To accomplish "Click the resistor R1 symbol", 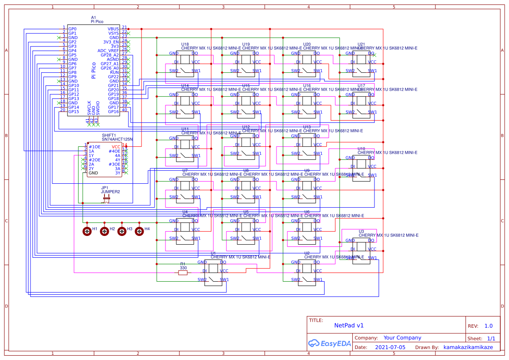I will click(183, 273).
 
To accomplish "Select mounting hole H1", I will click(87, 231).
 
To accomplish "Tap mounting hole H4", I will click(139, 231).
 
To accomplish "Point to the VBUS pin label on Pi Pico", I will click(113, 29).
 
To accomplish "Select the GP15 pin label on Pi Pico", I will click(74, 111).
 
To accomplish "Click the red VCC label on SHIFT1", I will click(116, 147).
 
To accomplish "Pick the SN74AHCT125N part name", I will click(117, 139).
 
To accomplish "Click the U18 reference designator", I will click(185, 44).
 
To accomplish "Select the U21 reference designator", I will click(361, 44).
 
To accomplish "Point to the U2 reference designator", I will click(307, 253).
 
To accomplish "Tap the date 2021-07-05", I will click(390, 347).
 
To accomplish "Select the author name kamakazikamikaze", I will click(468, 347).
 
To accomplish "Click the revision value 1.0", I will click(489, 326).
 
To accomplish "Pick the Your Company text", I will click(402, 338).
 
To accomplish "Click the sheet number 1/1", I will click(491, 338).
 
